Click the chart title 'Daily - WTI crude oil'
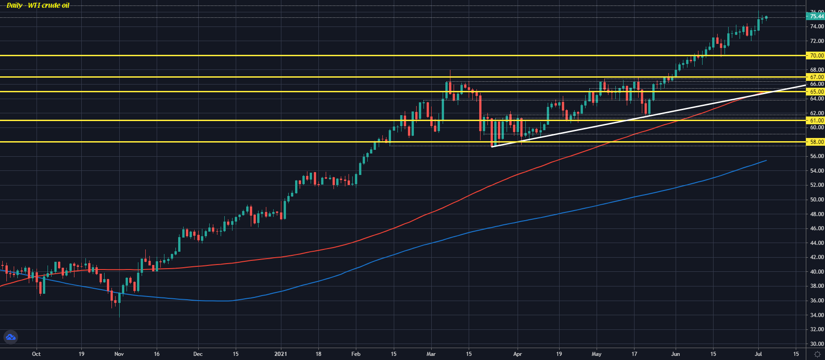point(38,5)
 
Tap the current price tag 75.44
point(816,16)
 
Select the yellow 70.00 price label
point(816,55)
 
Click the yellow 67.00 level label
point(816,77)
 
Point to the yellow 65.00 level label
point(816,91)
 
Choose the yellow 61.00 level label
point(816,120)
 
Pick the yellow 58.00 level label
point(816,142)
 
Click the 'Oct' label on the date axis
point(37,354)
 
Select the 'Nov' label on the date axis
point(119,354)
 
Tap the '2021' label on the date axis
point(281,354)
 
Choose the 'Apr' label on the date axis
point(518,354)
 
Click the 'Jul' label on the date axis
point(758,354)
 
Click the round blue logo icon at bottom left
point(11,337)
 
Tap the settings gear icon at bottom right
point(817,354)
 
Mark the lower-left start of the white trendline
point(492,147)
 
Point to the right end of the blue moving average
point(766,160)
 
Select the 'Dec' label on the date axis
point(198,354)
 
